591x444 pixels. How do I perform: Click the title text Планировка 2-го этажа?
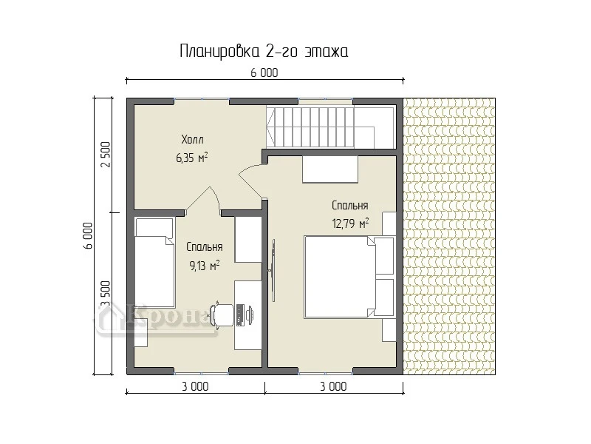pyautogui.click(x=264, y=51)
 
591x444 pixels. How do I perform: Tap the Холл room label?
pyautogui.click(x=192, y=140)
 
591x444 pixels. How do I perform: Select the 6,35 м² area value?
pyautogui.click(x=192, y=158)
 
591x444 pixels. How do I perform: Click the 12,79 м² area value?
pyautogui.click(x=350, y=223)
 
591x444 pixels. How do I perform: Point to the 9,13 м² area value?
pyautogui.click(x=205, y=266)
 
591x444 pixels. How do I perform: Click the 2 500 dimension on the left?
pyautogui.click(x=106, y=155)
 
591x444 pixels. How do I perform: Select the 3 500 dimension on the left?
pyautogui.click(x=106, y=295)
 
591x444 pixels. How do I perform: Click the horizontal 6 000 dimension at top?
pyautogui.click(x=264, y=73)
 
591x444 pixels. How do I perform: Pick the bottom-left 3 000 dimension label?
pyautogui.click(x=195, y=386)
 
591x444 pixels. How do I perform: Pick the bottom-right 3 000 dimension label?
pyautogui.click(x=334, y=386)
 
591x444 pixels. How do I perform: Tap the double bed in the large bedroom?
pyautogui.click(x=340, y=276)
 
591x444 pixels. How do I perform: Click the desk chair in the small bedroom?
pyautogui.click(x=222, y=314)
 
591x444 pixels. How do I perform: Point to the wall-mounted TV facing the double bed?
pyautogui.click(x=273, y=270)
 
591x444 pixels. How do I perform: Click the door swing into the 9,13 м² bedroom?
pyautogui.click(x=204, y=199)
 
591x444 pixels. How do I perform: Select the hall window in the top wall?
pyautogui.click(x=202, y=101)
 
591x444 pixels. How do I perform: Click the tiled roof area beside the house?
pyautogui.click(x=449, y=236)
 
